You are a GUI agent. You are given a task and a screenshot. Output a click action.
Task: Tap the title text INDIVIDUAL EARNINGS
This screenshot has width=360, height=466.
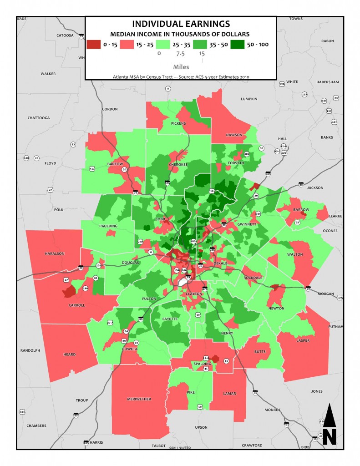point(181,24)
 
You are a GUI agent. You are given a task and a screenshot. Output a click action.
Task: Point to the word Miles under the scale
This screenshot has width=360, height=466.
point(181,66)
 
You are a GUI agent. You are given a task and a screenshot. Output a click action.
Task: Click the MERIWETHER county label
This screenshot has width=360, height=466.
point(137,399)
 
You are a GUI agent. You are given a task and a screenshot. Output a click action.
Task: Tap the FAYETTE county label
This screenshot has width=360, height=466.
point(169,319)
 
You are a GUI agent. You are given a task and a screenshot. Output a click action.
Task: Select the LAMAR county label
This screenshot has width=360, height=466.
point(230,392)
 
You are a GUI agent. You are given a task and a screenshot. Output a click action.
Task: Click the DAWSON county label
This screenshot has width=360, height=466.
point(234,135)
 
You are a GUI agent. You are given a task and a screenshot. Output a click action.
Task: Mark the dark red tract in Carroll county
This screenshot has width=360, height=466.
point(68,291)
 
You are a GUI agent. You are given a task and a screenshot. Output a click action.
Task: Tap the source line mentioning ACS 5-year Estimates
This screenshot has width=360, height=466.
point(181,77)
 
